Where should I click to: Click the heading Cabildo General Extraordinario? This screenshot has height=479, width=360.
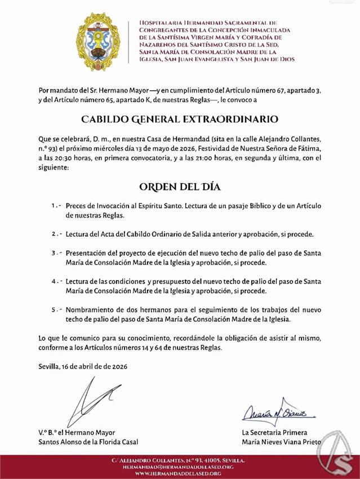[x=180, y=119]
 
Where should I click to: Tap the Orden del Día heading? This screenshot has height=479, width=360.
[x=179, y=187]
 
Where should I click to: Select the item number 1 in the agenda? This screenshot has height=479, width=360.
[x=55, y=206]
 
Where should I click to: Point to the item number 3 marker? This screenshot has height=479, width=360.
[x=55, y=253]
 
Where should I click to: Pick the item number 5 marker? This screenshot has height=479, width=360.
[x=55, y=310]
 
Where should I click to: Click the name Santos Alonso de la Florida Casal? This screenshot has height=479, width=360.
[x=88, y=442]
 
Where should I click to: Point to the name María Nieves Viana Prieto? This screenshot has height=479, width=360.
[x=281, y=442]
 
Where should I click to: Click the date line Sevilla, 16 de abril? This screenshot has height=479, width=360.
[x=83, y=366]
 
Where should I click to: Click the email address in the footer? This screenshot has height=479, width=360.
[x=180, y=467]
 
